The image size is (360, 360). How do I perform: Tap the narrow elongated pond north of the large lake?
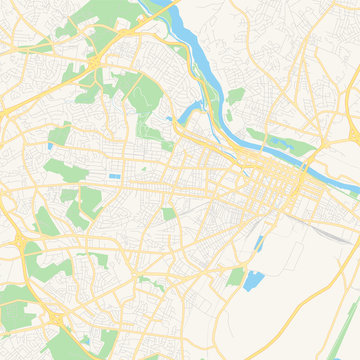coord(261,242)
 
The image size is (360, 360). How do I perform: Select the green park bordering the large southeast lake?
coord(237,277)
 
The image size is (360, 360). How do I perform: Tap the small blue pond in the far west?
coord(49,148)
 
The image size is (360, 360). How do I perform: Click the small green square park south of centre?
coord(169,213)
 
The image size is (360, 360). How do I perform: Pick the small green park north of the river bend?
coord(235,96)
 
